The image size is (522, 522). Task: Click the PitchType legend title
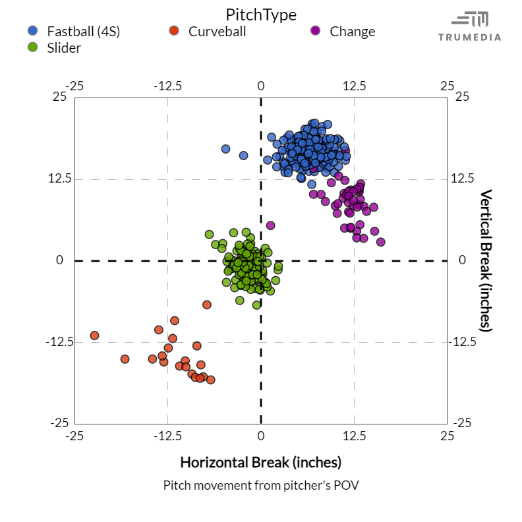(x=260, y=14)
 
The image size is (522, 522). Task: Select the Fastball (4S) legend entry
(x=83, y=31)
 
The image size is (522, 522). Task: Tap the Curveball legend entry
(x=217, y=31)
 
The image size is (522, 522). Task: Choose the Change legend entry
(x=352, y=31)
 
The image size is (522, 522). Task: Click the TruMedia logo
(x=470, y=26)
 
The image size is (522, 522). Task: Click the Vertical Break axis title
(x=486, y=260)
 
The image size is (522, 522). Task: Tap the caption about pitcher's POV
(x=260, y=485)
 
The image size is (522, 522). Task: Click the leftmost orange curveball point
(x=94, y=335)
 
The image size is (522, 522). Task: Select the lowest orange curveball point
(x=211, y=380)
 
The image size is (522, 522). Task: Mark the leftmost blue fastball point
(x=225, y=149)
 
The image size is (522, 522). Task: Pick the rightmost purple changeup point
(x=380, y=242)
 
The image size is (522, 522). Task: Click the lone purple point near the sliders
(x=270, y=225)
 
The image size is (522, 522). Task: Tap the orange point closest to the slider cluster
(x=207, y=304)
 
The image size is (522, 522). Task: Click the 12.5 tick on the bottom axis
(x=354, y=436)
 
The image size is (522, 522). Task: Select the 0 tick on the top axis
(x=261, y=86)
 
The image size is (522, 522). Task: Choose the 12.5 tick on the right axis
(x=461, y=179)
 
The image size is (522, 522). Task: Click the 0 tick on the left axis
(x=59, y=260)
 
